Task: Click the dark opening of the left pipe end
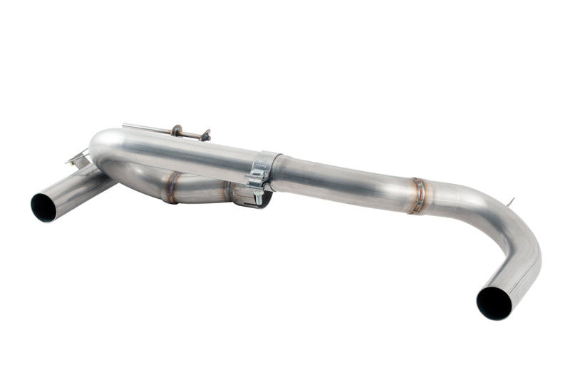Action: (x=44, y=206)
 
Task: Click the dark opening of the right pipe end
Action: (x=494, y=303)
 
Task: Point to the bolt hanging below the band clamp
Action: (x=257, y=195)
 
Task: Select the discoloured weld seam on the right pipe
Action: (x=418, y=195)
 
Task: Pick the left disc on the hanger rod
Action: (x=175, y=130)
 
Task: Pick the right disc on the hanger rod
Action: (x=205, y=134)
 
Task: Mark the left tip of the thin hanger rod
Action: (x=124, y=125)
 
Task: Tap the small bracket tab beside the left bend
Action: (x=79, y=157)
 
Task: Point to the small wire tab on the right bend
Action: (x=510, y=202)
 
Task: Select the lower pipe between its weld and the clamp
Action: (x=203, y=190)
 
